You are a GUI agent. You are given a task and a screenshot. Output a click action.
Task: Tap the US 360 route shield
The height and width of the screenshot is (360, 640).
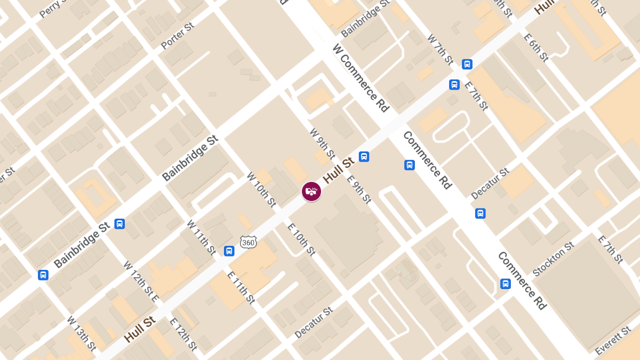tap(248, 243)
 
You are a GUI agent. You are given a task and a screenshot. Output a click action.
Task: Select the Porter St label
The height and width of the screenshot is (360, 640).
tap(178, 36)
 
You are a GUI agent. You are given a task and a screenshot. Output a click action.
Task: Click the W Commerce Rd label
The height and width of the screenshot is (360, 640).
tap(361, 77)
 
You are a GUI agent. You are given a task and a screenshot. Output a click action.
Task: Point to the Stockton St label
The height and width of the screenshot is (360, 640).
tap(553, 258)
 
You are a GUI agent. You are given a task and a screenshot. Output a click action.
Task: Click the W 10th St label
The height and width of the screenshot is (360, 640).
tap(261, 189)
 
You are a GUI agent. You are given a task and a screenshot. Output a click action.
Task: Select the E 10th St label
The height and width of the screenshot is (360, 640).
tap(301, 239)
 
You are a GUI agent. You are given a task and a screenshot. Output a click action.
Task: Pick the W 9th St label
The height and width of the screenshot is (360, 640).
tap(322, 143)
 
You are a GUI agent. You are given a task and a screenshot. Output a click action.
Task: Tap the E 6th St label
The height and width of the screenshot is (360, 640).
tap(536, 46)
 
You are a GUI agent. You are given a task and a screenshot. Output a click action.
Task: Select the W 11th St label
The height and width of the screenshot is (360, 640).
tap(201, 237)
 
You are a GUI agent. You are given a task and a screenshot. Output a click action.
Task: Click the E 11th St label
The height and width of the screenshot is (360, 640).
tap(241, 288)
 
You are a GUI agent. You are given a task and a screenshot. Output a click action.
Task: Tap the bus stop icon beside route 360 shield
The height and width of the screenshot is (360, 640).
tap(229, 251)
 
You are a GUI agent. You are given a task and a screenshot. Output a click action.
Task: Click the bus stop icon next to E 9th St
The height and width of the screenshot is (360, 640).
tap(364, 156)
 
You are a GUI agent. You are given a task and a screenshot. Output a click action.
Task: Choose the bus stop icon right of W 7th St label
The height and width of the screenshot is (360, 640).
tap(467, 64)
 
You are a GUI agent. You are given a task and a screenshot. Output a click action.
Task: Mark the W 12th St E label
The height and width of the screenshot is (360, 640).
tap(140, 282)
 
